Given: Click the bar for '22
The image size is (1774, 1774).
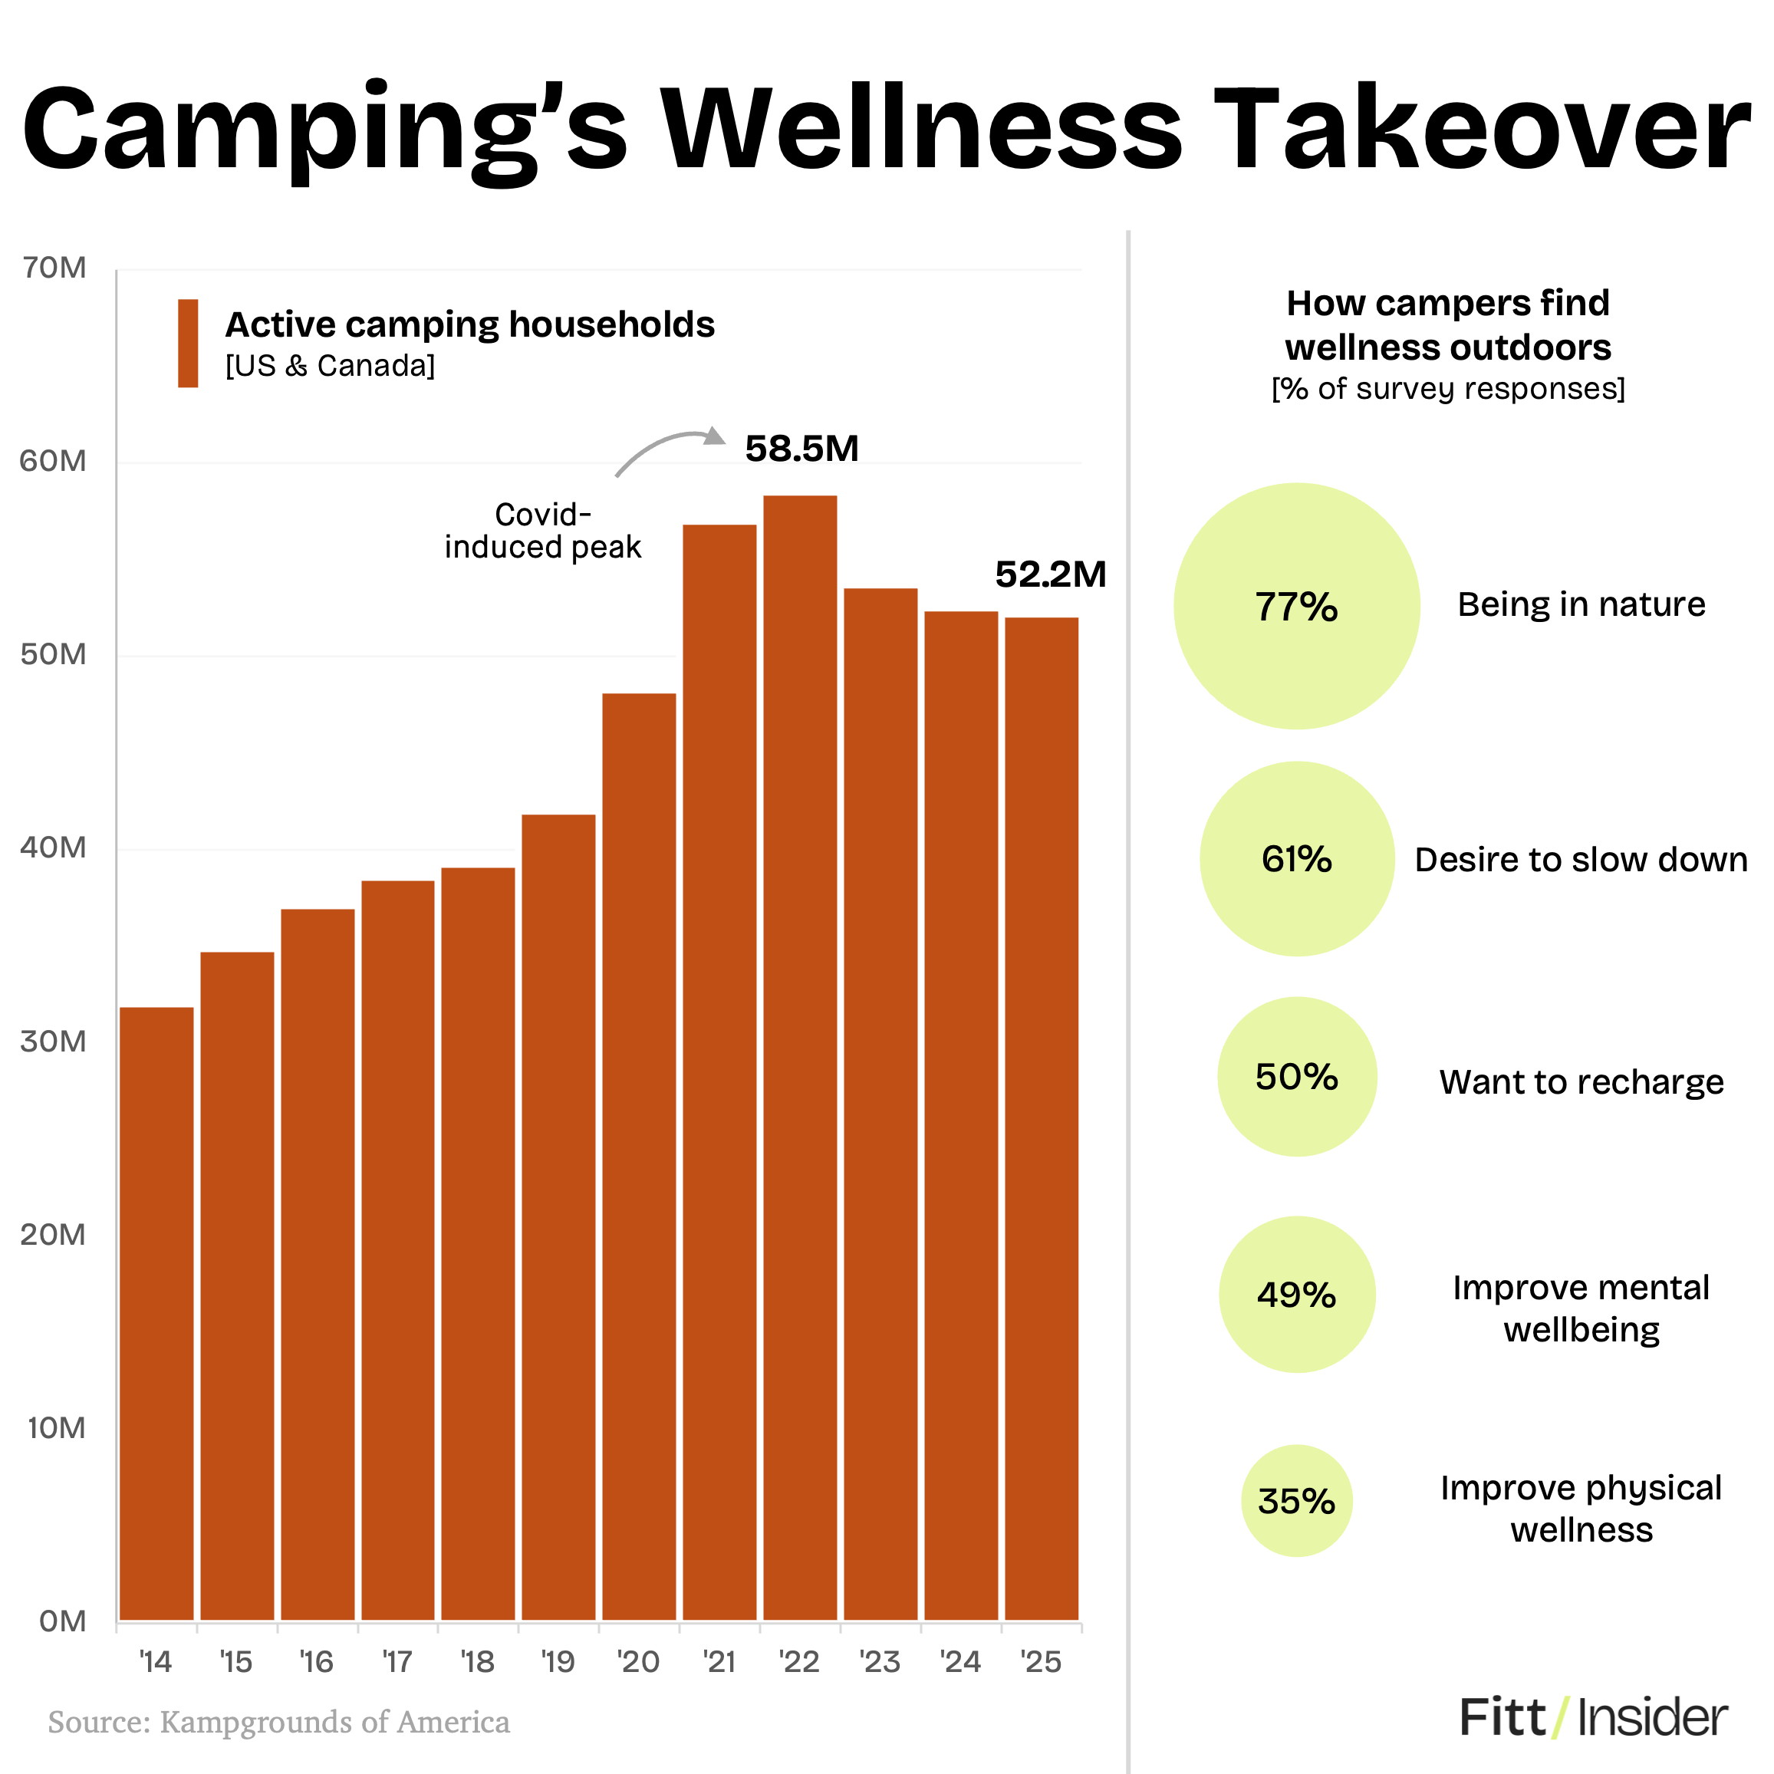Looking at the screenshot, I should (x=800, y=1056).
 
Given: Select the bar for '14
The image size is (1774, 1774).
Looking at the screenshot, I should (x=156, y=1313).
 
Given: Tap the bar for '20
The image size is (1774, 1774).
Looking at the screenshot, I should (x=639, y=1157).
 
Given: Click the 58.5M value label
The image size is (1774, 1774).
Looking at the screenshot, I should (x=801, y=449).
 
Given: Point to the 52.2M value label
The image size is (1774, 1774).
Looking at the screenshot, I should (x=1051, y=574).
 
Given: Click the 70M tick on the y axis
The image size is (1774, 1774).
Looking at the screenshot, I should (x=54, y=268).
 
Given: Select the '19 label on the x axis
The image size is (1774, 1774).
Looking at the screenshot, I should (x=558, y=1662).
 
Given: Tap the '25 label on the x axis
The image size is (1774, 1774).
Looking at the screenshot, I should (x=1042, y=1662).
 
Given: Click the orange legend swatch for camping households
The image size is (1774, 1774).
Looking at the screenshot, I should (x=188, y=343).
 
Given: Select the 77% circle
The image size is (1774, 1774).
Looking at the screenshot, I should (x=1296, y=606).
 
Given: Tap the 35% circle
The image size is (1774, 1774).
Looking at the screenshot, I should (x=1296, y=1500).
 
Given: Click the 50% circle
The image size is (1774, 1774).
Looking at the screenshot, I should (x=1296, y=1076).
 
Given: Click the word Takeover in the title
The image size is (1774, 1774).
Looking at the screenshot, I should (x=1487, y=129).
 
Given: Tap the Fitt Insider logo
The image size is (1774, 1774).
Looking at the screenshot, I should (x=1593, y=1717).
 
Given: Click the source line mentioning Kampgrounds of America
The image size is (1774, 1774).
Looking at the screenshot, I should (x=278, y=1722).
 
